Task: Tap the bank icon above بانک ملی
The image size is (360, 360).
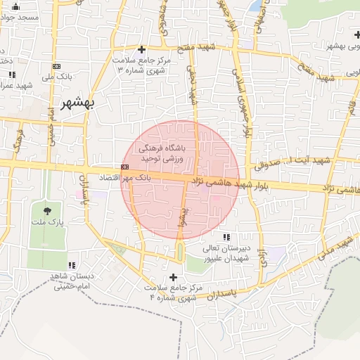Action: click(56, 66)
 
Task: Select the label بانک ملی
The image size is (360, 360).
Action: click(57, 77)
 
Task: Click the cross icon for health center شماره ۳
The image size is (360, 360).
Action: click(142, 49)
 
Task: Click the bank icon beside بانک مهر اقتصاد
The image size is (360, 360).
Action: click(124, 167)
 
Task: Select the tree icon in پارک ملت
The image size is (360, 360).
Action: click(47, 210)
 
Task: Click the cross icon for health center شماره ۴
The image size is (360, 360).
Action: click(173, 278)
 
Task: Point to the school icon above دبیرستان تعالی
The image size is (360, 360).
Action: click(226, 237)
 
